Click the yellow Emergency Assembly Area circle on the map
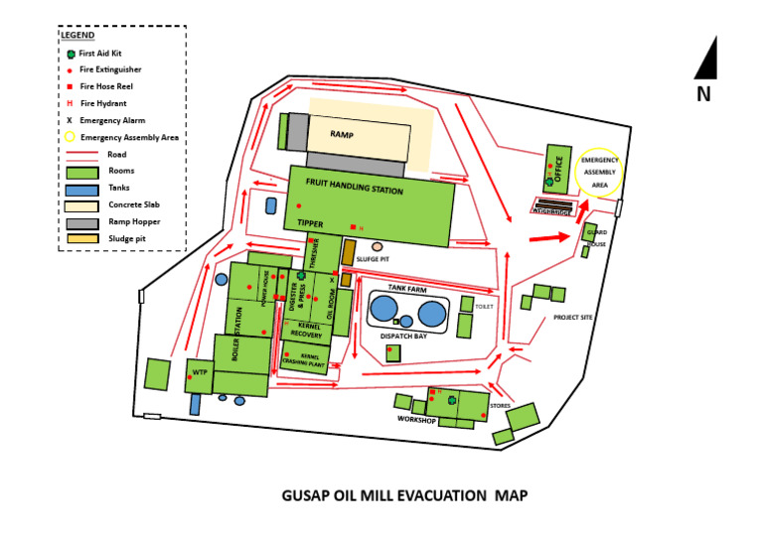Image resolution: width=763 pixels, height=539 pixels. click(x=599, y=171)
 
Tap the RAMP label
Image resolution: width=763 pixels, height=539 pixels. click(x=342, y=134)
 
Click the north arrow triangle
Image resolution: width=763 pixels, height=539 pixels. click(x=706, y=59)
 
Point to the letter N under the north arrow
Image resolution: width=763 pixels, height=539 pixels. click(x=703, y=94)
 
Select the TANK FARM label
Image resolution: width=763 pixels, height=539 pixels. click(x=406, y=287)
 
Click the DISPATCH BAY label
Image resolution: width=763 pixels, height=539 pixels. click(x=403, y=337)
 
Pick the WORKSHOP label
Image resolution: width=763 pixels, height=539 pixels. click(x=417, y=420)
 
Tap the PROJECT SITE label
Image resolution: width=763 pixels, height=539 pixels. click(x=573, y=318)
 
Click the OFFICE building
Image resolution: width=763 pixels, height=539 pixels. click(x=557, y=169)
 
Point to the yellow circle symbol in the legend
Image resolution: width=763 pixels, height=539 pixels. click(x=70, y=137)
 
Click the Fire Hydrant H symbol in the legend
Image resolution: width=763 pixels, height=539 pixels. click(x=70, y=103)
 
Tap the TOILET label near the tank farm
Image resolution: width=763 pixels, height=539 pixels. click(x=484, y=307)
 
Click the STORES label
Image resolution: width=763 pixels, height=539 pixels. click(x=501, y=405)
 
